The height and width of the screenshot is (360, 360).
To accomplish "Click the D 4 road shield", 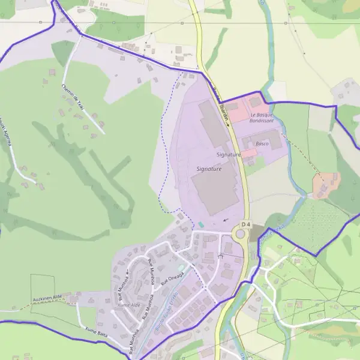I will (244, 224).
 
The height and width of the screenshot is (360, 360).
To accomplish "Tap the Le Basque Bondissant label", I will (262, 118).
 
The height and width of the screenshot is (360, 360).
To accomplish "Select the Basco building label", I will (262, 144).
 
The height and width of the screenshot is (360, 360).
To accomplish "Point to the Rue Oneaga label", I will (172, 279).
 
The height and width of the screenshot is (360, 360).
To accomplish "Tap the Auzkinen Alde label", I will (47, 298).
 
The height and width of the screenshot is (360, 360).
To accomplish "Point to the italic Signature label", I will (209, 169).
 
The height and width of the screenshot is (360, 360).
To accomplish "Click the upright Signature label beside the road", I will (229, 155).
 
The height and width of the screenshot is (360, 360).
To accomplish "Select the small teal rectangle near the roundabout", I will (200, 224).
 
